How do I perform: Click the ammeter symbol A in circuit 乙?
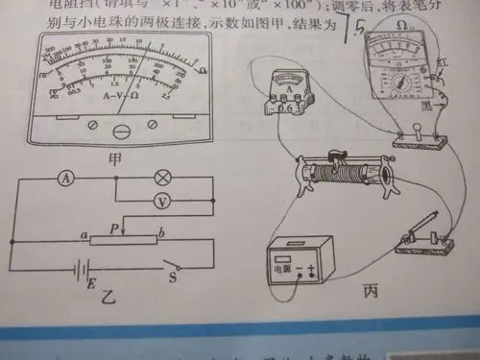coord(65,179)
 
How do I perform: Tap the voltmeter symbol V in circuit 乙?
coord(162,203)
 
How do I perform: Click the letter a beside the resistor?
coord(84,236)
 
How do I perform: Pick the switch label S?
coord(174,279)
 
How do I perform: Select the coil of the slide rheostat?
coord(345,178)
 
